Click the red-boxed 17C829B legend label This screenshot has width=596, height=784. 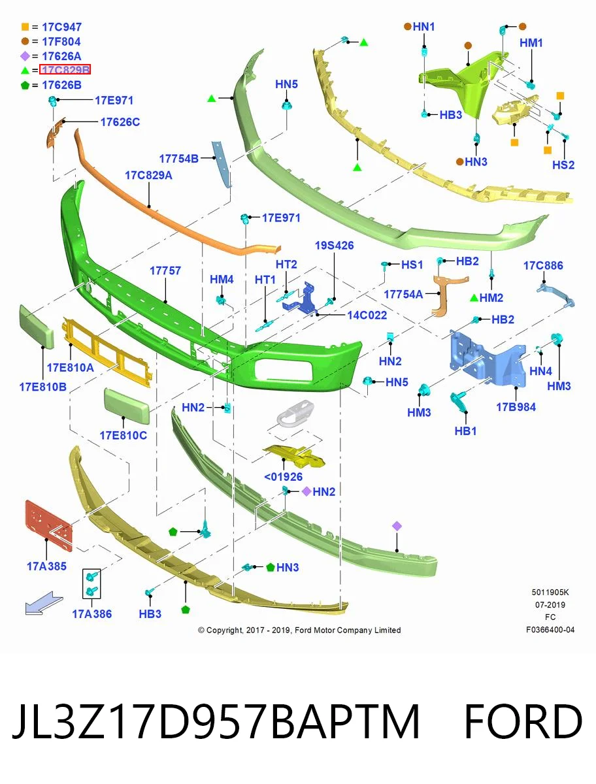[65, 69]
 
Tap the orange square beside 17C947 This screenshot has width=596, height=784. [25, 27]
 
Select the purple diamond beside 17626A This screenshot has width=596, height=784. [25, 56]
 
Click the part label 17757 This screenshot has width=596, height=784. [165, 270]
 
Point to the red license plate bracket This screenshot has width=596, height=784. [48, 525]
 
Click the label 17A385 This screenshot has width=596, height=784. [46, 566]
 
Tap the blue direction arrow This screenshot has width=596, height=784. [44, 603]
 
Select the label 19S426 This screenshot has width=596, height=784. [334, 246]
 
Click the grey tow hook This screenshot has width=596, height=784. [296, 414]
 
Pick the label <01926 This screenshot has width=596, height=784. [283, 476]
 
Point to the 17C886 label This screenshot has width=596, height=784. [543, 265]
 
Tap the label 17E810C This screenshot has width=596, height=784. [124, 435]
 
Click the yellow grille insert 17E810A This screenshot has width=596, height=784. [107, 351]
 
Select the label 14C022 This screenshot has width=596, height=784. [367, 315]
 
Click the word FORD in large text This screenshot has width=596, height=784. [523, 721]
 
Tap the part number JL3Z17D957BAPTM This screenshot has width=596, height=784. [216, 721]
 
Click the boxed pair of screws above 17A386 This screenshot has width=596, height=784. [91, 583]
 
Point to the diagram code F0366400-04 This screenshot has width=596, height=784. [550, 630]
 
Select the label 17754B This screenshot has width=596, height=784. [178, 159]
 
